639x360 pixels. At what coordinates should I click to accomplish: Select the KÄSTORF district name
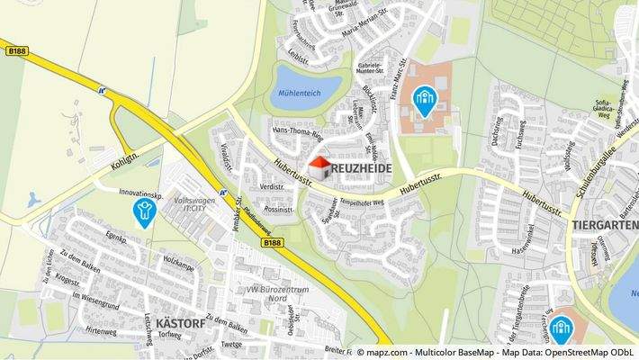pyautogui.click(x=180, y=321)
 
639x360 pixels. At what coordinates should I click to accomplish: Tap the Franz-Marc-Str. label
pyautogui.click(x=402, y=71)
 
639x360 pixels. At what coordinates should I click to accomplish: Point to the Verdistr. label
pyautogui.click(x=271, y=186)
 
